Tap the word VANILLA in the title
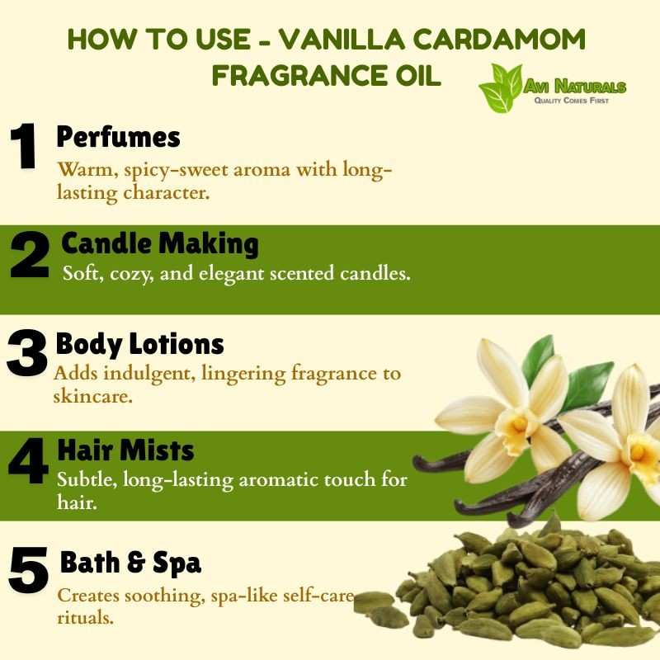tap(342, 39)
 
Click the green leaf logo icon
tap(501, 88)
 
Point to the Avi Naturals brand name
tap(574, 87)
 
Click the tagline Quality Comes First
tap(571, 101)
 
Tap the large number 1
tap(24, 146)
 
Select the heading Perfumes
tap(118, 137)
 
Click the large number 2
tap(30, 255)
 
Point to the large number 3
tap(26, 353)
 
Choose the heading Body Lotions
tap(139, 345)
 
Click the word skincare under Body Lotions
tap(92, 396)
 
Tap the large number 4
tap(28, 461)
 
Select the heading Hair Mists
tap(125, 450)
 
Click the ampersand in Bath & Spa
tap(136, 563)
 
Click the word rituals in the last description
tap(86, 618)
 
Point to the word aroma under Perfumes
tap(262, 171)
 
